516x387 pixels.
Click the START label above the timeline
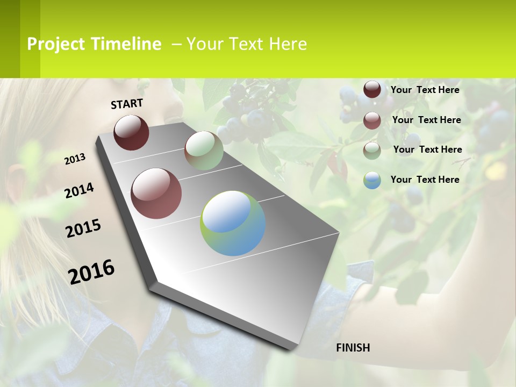[127, 104]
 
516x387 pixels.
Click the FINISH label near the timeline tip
[353, 348]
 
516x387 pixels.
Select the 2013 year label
[75, 159]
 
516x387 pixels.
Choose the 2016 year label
[91, 271]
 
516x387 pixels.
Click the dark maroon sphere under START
[131, 132]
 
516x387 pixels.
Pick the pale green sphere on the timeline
[204, 150]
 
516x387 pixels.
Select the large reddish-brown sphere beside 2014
[156, 193]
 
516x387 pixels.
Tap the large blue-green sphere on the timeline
[233, 223]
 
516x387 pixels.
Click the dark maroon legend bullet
[372, 90]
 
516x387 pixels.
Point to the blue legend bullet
[372, 180]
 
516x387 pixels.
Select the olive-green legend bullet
[372, 150]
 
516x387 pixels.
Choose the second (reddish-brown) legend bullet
[372, 120]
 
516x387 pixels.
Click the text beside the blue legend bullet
[425, 180]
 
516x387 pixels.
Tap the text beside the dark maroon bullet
[425, 90]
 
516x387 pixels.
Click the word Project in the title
[56, 44]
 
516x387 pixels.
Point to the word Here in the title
[287, 44]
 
